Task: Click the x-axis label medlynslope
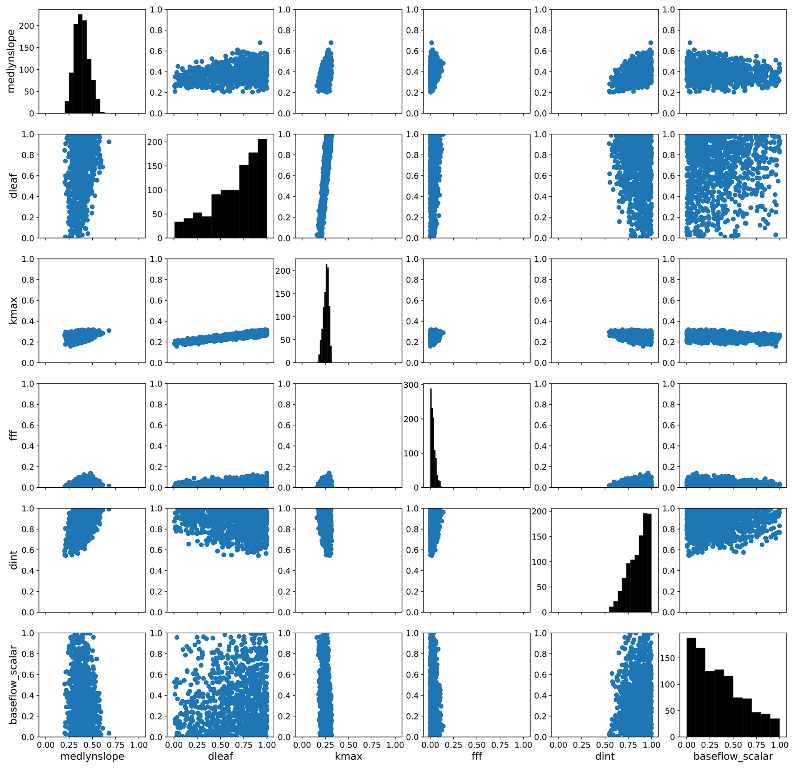[x=92, y=756]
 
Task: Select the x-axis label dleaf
[x=221, y=756]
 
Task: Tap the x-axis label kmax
[x=348, y=756]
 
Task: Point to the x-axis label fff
[x=477, y=756]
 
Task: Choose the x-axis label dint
[x=605, y=756]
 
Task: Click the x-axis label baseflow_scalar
[x=733, y=756]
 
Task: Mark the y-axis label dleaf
[x=13, y=186]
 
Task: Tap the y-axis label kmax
[x=13, y=311]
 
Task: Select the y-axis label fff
[x=13, y=435]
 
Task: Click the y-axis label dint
[x=13, y=560]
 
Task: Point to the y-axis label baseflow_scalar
[x=13, y=685]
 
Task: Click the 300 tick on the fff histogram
[x=410, y=385]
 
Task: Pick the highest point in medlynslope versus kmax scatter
[x=330, y=43]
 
